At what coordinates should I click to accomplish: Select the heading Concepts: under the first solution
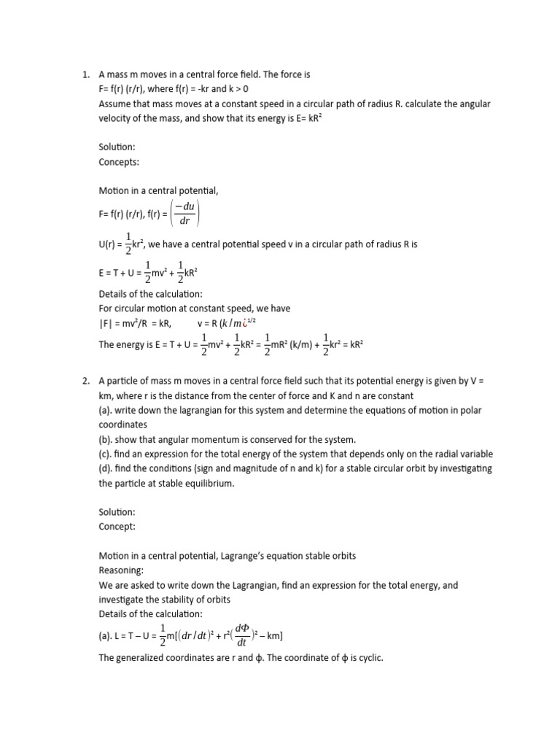pos(120,162)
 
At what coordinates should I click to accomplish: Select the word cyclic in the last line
pos(367,658)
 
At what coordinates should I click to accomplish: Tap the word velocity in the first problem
pos(114,118)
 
